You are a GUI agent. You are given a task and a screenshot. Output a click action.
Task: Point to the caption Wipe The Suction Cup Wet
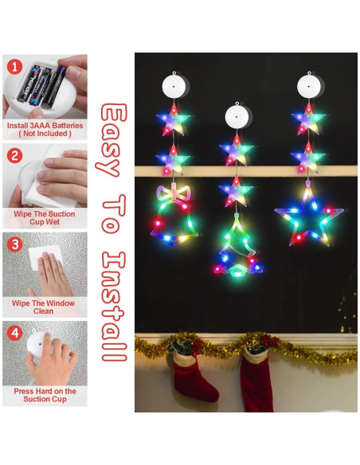(x=45, y=218)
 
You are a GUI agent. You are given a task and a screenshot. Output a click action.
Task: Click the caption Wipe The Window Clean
(x=45, y=307)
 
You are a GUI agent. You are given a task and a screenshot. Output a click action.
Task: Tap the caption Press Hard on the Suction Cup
(x=45, y=396)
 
